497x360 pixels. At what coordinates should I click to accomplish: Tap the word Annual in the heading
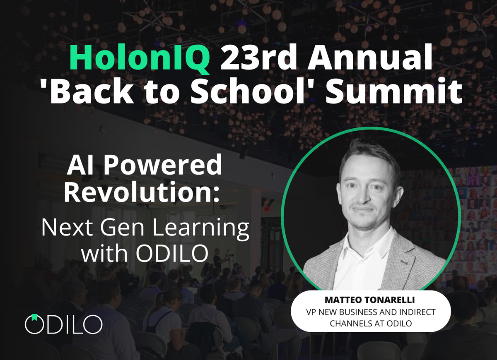[365, 60]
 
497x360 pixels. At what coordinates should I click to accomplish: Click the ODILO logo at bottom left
[63, 324]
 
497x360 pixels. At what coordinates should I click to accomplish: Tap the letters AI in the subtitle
[81, 166]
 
